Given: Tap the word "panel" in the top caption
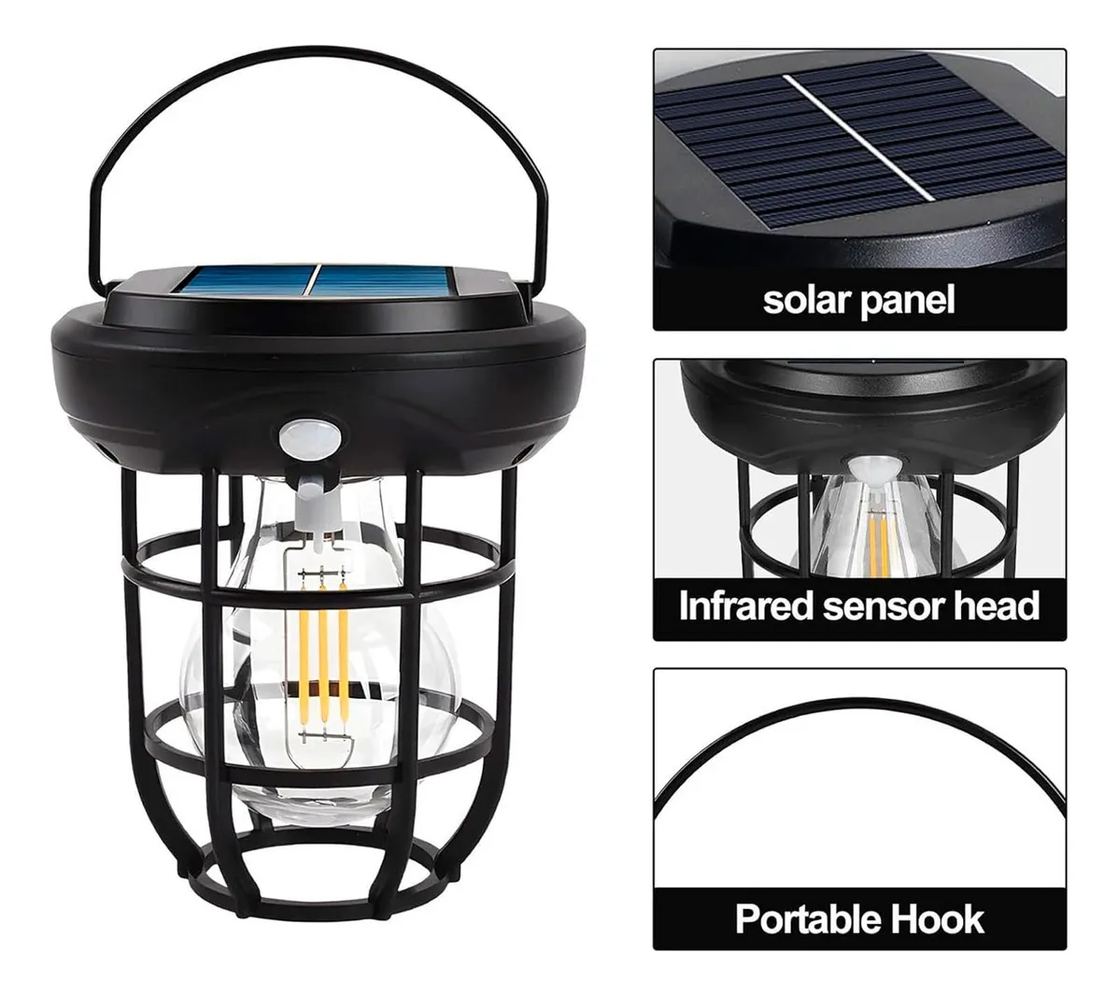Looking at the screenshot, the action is pos(907,301).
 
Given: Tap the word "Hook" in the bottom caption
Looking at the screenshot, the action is pos(935,919).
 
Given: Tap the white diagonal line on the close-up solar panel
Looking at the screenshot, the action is pos(858,137).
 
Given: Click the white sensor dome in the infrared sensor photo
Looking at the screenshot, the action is pos(875,469).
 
